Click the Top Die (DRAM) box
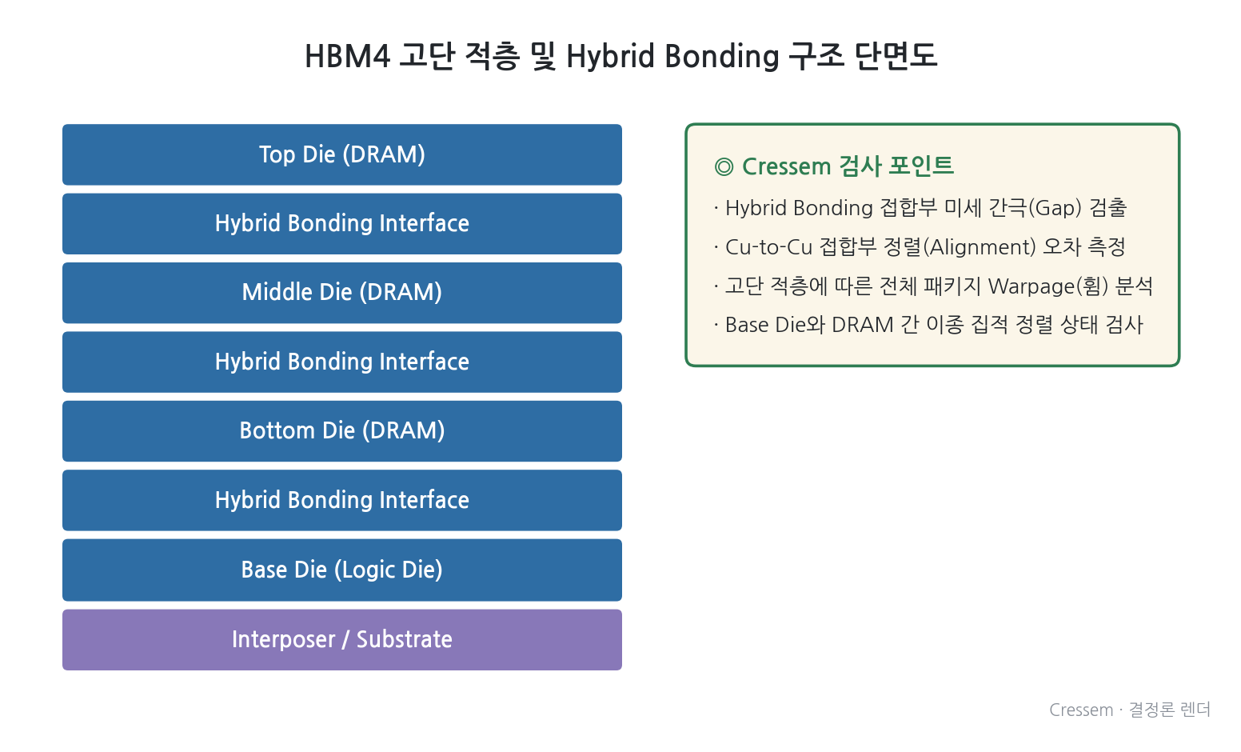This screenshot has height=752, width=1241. coord(341,154)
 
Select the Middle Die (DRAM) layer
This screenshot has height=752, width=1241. coord(341,293)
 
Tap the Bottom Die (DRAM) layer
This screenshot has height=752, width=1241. coord(341,431)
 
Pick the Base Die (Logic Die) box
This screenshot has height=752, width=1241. coord(341,570)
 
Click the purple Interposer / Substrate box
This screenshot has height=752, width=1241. coord(341,640)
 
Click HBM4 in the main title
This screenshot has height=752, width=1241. coord(347,57)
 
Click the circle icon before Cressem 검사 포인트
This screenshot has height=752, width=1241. coord(724,167)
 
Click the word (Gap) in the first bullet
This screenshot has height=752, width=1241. coord(1055,208)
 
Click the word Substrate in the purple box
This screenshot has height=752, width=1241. coord(404,639)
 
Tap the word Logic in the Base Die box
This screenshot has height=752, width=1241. coord(365,570)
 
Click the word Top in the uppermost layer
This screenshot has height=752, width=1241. coord(277,154)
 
